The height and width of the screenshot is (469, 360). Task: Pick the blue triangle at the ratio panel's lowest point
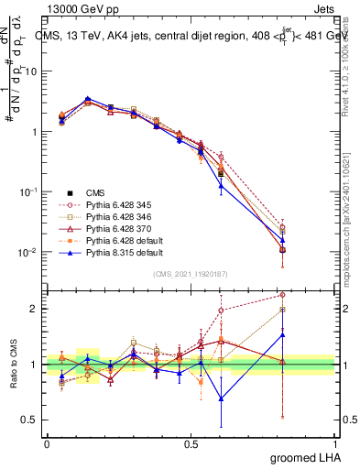221,398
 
